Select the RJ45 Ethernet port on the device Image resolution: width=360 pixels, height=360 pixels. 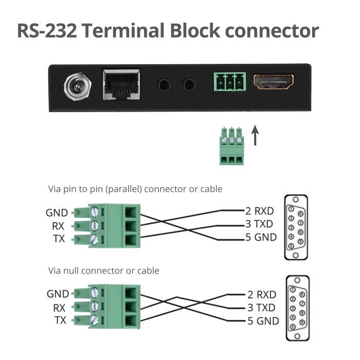pos(121,84)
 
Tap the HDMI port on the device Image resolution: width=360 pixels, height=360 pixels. pos(273,82)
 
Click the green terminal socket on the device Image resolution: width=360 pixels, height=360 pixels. pos(230,82)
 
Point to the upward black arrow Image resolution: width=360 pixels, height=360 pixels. pos(255,137)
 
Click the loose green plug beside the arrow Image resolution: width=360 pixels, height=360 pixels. pos(231,147)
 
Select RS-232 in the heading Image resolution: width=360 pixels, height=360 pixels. pos(47,30)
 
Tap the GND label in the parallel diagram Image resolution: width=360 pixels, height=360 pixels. pos(57,212)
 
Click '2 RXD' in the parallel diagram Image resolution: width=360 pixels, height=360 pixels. pos(260,210)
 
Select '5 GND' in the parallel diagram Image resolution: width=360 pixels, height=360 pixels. pos(261,238)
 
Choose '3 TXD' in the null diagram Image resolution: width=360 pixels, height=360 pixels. pos(261,308)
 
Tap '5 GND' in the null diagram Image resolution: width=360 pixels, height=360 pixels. pos(262,321)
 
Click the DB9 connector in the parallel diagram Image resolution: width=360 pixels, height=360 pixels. pos(296,222)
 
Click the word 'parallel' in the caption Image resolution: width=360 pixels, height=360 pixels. pos(123,189)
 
